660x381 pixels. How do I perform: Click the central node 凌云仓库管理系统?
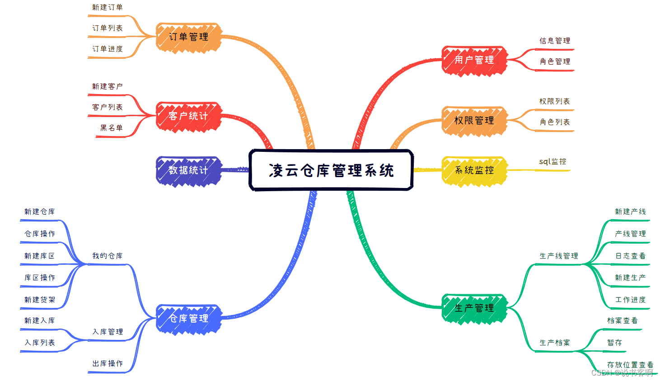331,170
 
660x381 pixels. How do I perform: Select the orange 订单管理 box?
188,37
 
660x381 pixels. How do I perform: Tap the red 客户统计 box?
188,116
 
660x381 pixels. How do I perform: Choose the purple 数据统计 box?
188,170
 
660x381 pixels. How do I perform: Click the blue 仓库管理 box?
188,319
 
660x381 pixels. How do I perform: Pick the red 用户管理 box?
474,60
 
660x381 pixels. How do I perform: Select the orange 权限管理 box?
474,121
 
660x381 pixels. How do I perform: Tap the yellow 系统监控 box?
474,170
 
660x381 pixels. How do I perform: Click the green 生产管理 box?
474,308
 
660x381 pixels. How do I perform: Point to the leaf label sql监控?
552,162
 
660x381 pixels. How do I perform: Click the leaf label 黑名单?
112,128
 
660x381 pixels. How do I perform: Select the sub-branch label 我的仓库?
108,256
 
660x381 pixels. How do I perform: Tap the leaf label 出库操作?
108,363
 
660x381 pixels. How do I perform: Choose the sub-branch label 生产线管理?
559,256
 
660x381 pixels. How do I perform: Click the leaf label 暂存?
614,343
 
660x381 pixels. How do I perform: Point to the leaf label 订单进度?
108,49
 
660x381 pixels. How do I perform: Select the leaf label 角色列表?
555,122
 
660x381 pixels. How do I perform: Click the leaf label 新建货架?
40,300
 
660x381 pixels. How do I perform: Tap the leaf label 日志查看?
630,256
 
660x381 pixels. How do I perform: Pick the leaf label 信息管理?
555,41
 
